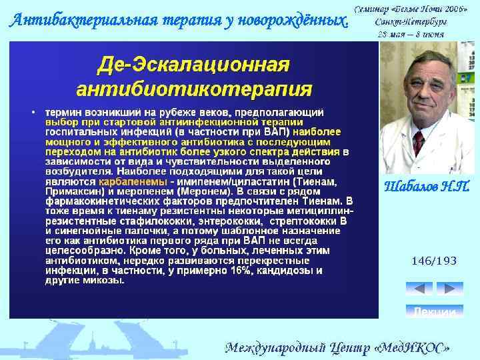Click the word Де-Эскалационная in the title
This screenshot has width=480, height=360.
coord(193,66)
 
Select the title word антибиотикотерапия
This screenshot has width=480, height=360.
coord(194,89)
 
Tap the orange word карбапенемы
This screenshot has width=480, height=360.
coord(133,181)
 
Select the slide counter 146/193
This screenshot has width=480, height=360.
coord(434,261)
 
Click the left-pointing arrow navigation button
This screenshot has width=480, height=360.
coord(419,289)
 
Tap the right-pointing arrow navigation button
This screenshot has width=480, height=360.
coord(450,289)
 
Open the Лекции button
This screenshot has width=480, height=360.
coord(434,311)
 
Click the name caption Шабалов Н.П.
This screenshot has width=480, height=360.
coord(427,187)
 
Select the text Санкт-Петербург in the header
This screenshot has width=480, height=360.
coord(411,21)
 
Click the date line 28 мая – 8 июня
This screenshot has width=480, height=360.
coord(411,33)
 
